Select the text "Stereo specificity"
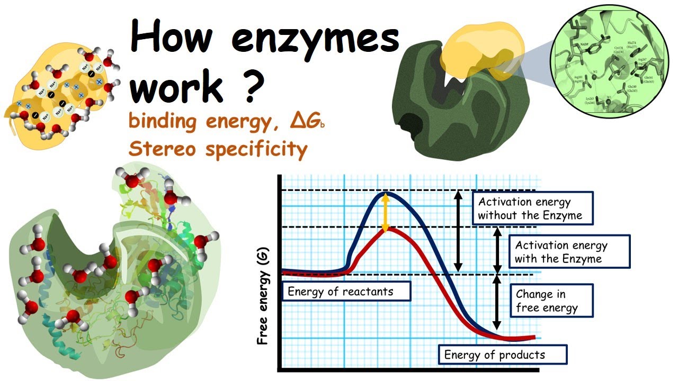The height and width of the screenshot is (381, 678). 218,150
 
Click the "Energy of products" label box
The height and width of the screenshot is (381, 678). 503,355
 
